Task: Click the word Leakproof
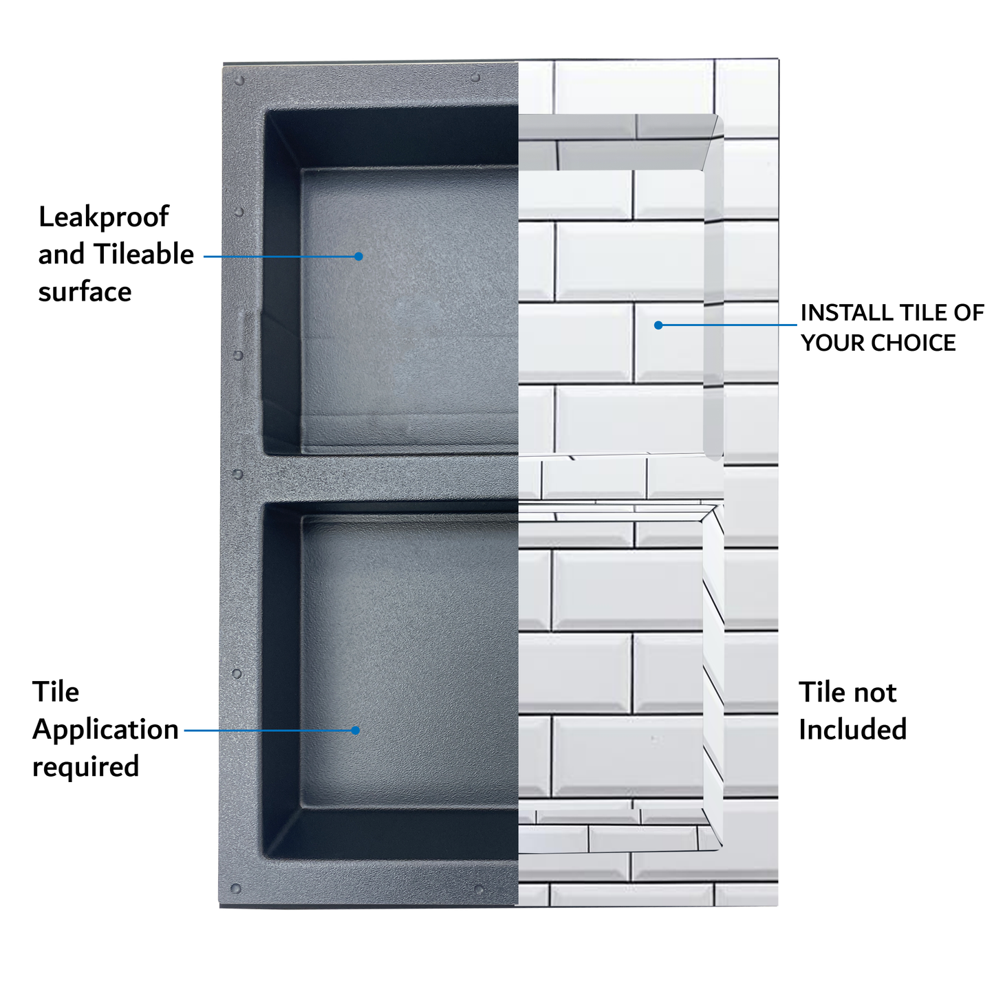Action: pyautogui.click(x=103, y=217)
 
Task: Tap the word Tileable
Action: pyautogui.click(x=144, y=255)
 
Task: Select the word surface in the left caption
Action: pyautogui.click(x=85, y=292)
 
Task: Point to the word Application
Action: pyautogui.click(x=105, y=730)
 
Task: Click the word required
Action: pyautogui.click(x=85, y=767)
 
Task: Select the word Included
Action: pyautogui.click(x=852, y=730)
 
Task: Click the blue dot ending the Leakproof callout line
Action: pyautogui.click(x=358, y=257)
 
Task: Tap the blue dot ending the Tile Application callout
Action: pyautogui.click(x=356, y=731)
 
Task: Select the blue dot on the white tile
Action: pyautogui.click(x=658, y=325)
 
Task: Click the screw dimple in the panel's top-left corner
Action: pyautogui.click(x=239, y=81)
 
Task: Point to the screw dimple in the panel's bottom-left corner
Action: pyautogui.click(x=236, y=889)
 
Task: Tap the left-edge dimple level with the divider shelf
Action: pyautogui.click(x=238, y=475)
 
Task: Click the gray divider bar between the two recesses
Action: pyautogui.click(x=385, y=478)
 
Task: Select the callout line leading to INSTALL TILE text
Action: pyautogui.click(x=729, y=325)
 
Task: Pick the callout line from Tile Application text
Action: pyautogui.click(x=268, y=731)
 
